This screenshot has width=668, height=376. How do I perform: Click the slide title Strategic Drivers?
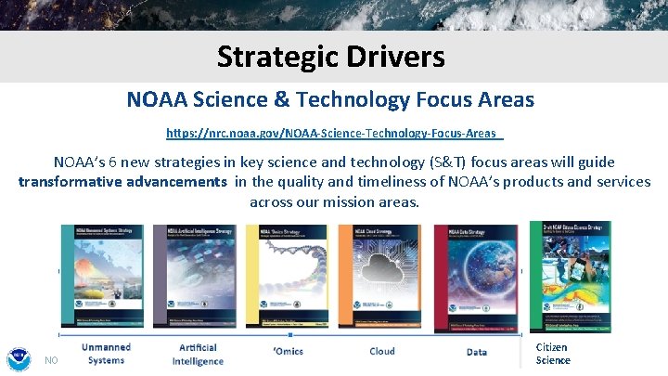(331, 58)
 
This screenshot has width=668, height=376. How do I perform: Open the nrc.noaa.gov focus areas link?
(334, 134)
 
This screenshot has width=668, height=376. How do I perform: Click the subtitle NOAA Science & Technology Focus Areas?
(330, 98)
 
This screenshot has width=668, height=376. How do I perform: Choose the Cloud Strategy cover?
(381, 277)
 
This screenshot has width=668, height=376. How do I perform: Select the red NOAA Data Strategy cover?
(476, 277)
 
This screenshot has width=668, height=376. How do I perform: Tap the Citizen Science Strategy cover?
(570, 277)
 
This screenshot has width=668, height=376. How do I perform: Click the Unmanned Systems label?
(106, 354)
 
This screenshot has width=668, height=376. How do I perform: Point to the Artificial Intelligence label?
(198, 354)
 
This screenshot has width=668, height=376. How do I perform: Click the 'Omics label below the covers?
(288, 352)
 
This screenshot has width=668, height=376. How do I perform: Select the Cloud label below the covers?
(382, 352)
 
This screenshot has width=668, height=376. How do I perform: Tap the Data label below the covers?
(477, 352)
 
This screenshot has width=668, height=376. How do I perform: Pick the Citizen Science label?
(553, 354)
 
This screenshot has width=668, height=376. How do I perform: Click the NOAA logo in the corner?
(18, 358)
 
